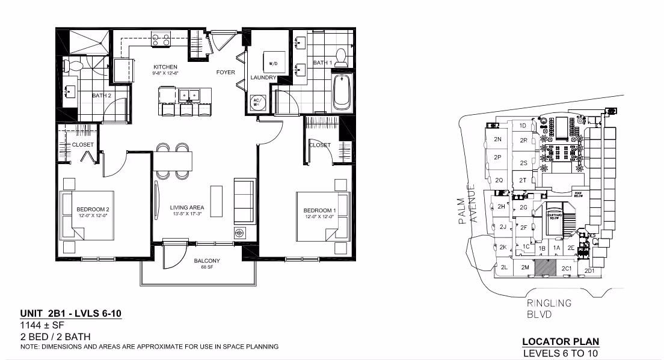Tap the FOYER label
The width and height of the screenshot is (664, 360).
(x=226, y=73)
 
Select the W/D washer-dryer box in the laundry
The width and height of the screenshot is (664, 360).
(x=272, y=62)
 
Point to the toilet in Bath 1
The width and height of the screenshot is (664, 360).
(x=341, y=56)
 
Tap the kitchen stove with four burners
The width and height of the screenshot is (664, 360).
(x=161, y=40)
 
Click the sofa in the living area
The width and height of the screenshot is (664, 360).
(x=243, y=200)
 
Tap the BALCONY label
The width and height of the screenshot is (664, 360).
(x=206, y=261)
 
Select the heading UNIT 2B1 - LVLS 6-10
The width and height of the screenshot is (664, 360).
(x=71, y=314)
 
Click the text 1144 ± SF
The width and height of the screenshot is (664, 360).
(x=43, y=326)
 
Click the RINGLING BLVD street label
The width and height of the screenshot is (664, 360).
(x=549, y=308)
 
